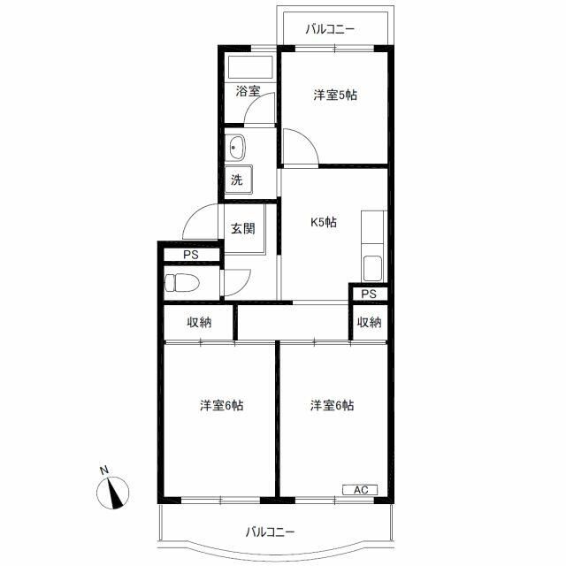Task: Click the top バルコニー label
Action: pyautogui.click(x=330, y=29)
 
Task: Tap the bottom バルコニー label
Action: pyautogui.click(x=270, y=532)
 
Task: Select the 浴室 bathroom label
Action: pyautogui.click(x=247, y=91)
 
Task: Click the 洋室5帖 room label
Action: pyautogui.click(x=334, y=95)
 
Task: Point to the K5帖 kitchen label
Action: pyautogui.click(x=322, y=223)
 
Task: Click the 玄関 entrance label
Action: pyautogui.click(x=243, y=228)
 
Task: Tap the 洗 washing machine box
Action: pyautogui.click(x=238, y=180)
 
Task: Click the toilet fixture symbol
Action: pyautogui.click(x=182, y=284)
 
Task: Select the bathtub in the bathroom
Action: pyautogui.click(x=252, y=68)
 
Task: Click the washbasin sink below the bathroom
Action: pyautogui.click(x=237, y=146)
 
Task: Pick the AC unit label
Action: pyautogui.click(x=360, y=489)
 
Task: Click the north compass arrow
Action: pyautogui.click(x=117, y=493)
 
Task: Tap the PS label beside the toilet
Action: pyautogui.click(x=190, y=255)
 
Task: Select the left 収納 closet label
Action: pyautogui.click(x=199, y=323)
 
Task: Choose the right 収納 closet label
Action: pyautogui.click(x=370, y=323)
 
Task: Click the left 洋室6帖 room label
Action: pyautogui.click(x=221, y=406)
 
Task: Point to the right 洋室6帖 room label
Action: pyautogui.click(x=333, y=406)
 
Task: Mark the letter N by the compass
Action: pyautogui.click(x=103, y=470)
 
